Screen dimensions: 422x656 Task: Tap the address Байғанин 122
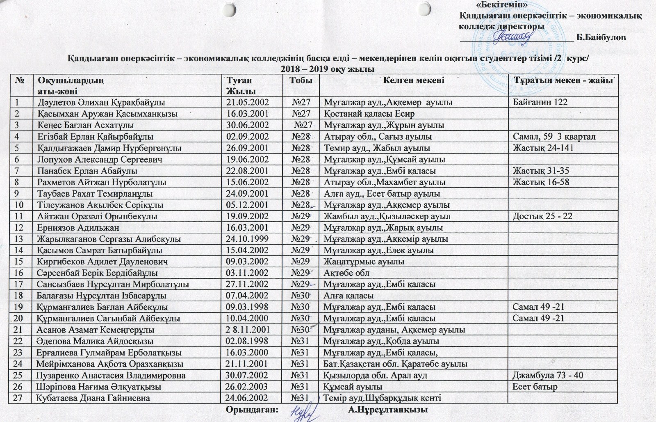click(538, 102)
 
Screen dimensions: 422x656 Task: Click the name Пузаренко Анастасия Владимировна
click(111, 375)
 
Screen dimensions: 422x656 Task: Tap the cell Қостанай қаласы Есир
click(369, 114)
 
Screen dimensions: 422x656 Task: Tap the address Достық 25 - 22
click(540, 216)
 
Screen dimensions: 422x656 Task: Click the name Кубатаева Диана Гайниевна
click(93, 398)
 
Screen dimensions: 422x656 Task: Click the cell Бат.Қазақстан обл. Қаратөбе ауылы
click(396, 364)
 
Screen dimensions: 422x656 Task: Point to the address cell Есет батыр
click(535, 387)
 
